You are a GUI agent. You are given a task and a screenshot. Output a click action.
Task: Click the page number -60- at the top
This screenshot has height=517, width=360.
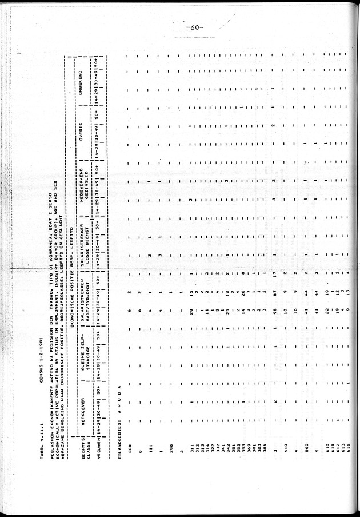[195, 27]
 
